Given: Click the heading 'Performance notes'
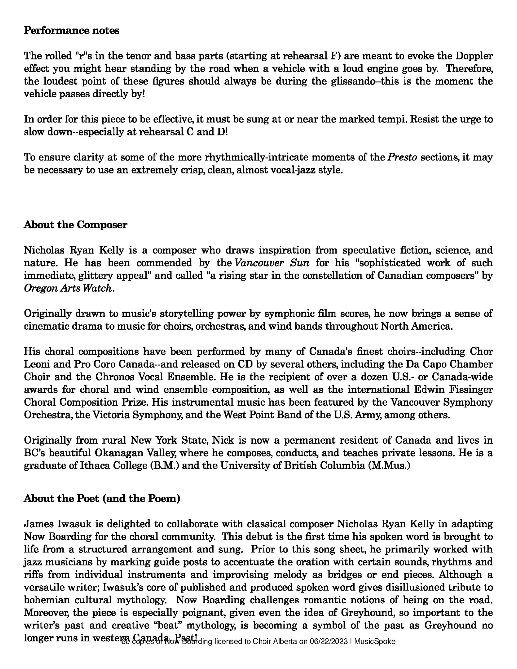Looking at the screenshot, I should [72, 31].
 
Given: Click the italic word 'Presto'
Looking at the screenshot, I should [402, 157].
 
